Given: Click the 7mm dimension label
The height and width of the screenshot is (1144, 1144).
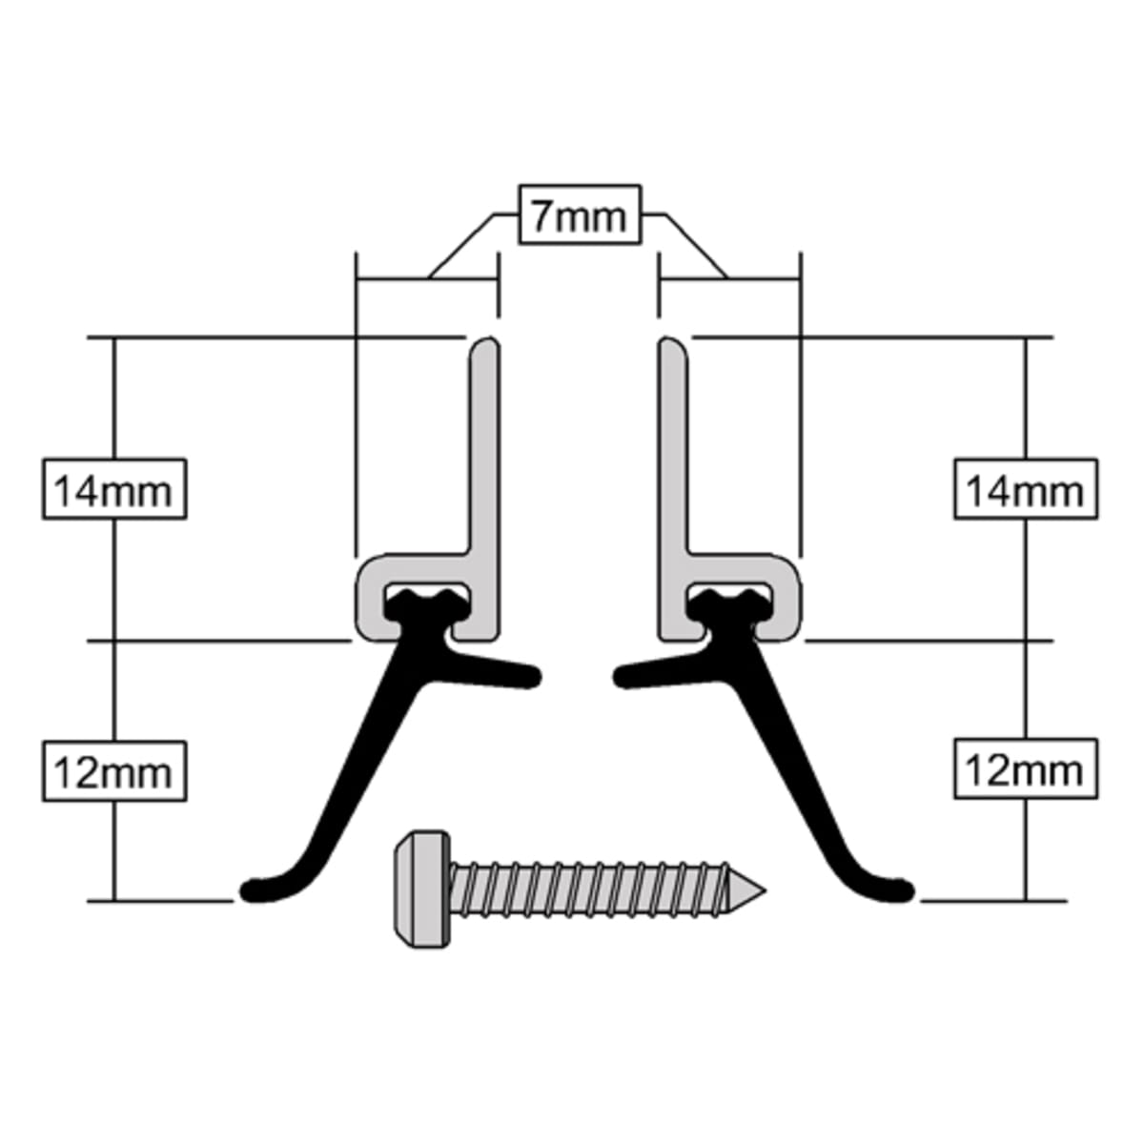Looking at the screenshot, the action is tap(580, 214).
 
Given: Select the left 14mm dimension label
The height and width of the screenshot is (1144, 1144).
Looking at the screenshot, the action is tap(114, 489).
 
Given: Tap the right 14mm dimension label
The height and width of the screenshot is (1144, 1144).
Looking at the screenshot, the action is tap(1026, 489).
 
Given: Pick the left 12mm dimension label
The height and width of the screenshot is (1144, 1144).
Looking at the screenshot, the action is tap(114, 770).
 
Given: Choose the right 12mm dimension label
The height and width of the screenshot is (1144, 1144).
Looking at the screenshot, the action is tap(1026, 768).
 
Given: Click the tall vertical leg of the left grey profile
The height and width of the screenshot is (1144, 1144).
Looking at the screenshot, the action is tap(485, 451).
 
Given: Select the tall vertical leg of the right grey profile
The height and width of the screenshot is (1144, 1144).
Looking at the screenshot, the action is tap(673, 451).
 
